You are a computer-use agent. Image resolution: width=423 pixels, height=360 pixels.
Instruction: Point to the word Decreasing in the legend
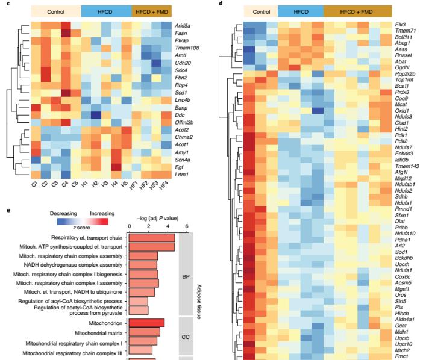coord(64,213)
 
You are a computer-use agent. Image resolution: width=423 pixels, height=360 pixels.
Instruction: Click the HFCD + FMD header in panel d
coord(357,11)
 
